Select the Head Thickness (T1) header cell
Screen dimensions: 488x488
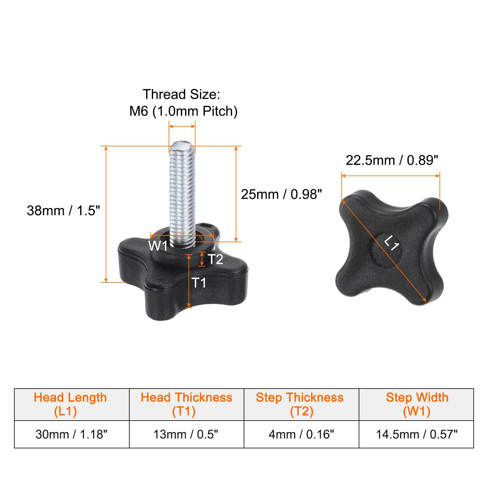click(x=186, y=404)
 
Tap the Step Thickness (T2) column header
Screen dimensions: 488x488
click(x=301, y=404)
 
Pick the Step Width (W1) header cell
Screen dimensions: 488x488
click(x=416, y=404)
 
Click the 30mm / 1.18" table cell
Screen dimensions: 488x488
click(x=72, y=434)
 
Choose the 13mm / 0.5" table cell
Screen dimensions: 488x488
click(x=186, y=434)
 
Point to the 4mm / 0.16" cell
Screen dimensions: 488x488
click(x=301, y=434)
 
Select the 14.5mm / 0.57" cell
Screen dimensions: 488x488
click(x=416, y=434)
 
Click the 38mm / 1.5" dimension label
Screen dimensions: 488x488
click(x=63, y=211)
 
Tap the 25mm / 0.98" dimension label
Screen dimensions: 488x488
click(x=281, y=195)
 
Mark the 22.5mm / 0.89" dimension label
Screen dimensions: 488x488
click(x=392, y=160)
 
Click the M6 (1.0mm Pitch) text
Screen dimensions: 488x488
click(x=183, y=111)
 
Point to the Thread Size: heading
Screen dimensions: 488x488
click(x=181, y=95)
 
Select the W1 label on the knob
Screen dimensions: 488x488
click(x=158, y=246)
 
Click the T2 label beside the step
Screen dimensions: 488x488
click(x=216, y=260)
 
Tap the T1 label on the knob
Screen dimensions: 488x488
click(x=199, y=283)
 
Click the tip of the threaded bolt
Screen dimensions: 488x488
click(x=182, y=145)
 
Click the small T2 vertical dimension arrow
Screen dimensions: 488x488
click(x=202, y=259)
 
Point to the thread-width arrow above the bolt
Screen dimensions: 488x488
click(x=182, y=126)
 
